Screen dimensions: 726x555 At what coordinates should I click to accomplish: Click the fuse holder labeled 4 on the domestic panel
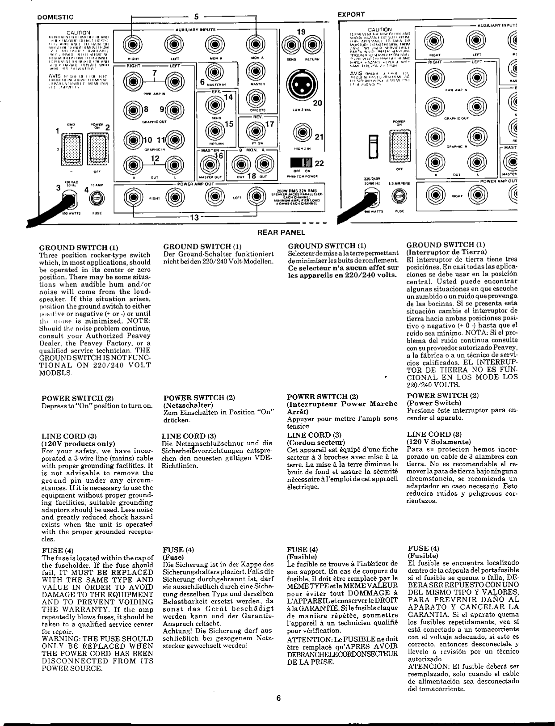pos(97,197)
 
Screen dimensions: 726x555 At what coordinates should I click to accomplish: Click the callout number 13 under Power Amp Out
pos(194,218)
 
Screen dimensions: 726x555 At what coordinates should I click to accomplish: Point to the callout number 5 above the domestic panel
pos(196,17)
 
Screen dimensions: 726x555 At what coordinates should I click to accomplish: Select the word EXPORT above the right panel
pos(351,14)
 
